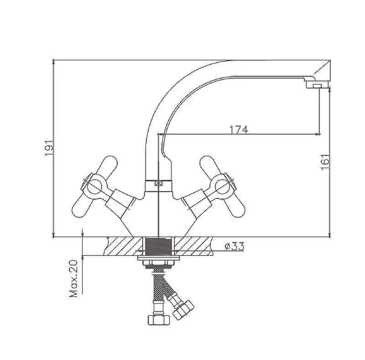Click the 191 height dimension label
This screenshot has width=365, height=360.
coord(49,148)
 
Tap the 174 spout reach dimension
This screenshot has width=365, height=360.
coord(239,129)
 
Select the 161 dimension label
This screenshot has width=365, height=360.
coord(325,162)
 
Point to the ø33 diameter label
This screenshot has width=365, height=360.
coord(235,246)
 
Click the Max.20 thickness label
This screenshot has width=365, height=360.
coord(73,278)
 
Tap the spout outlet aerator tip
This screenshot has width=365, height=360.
coord(317,86)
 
